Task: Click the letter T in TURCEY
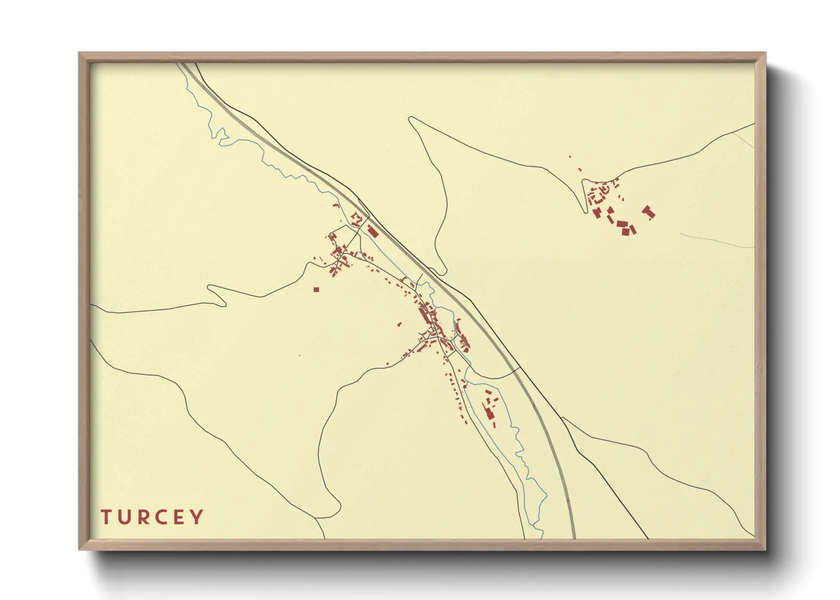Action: coord(106,517)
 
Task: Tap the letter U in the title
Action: coord(124,517)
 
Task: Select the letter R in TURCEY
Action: coord(142,517)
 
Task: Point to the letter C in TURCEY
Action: coord(161,517)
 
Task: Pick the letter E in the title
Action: coord(179,517)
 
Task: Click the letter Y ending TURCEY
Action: coord(197,517)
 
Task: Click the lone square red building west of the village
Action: coord(316,290)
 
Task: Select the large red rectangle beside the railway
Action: coord(372,231)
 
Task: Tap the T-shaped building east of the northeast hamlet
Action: coord(648,213)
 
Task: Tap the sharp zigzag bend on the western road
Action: coord(211,288)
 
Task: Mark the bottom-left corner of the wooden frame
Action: coord(80,549)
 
